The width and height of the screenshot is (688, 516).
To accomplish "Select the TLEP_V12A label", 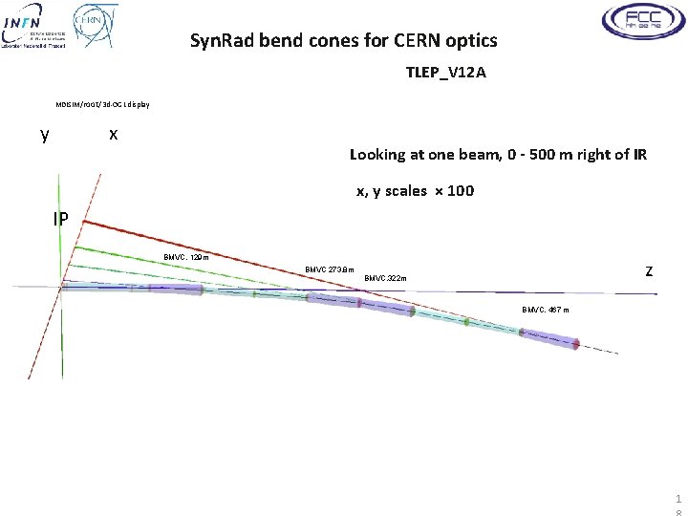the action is click(446, 73).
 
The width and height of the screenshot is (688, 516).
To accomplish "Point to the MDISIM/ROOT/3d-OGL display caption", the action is click(103, 104).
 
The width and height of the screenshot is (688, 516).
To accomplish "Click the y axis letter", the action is click(45, 134).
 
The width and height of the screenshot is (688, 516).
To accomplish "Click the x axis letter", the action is click(113, 134).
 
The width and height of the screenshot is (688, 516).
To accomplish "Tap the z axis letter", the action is click(649, 271).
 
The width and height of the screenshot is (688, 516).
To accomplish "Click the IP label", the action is click(60, 219).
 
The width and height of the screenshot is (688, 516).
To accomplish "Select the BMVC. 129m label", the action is click(185, 257).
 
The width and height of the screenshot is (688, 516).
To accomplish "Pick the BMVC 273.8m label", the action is click(329, 269).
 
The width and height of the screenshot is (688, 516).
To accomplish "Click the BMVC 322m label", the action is click(385, 279).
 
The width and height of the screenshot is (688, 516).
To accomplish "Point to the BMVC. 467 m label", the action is click(546, 311).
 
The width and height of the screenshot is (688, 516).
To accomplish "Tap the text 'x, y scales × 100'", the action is click(415, 191).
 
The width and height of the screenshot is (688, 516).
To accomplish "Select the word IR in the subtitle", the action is click(638, 154).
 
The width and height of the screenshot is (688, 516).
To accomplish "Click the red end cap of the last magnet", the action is click(576, 344).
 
